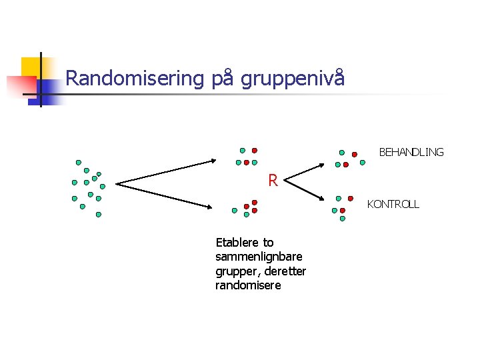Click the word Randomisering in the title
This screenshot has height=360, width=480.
point(134,79)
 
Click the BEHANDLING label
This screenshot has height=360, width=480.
point(411,152)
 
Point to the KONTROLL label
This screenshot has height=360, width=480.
point(393,205)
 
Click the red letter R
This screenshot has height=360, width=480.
point(273,179)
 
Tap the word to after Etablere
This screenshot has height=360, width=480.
point(268,242)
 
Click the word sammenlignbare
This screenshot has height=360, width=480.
point(259,257)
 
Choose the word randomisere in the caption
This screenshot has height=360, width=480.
point(248,285)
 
